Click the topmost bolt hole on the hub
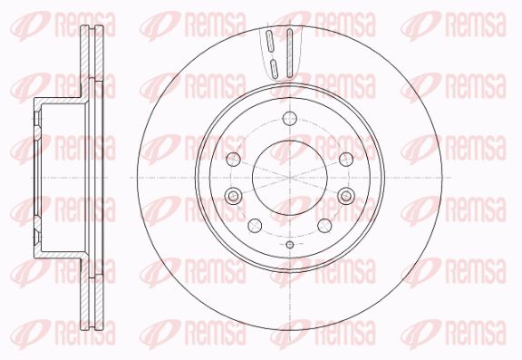point(290,118)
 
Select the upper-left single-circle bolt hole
point(233,160)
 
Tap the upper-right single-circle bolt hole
point(346,160)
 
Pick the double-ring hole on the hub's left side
point(233,196)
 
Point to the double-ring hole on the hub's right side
point(346,196)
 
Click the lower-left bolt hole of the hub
point(255,226)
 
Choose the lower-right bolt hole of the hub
point(324,226)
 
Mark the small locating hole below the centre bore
point(290,245)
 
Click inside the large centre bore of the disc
point(290,178)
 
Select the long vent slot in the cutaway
point(289,53)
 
